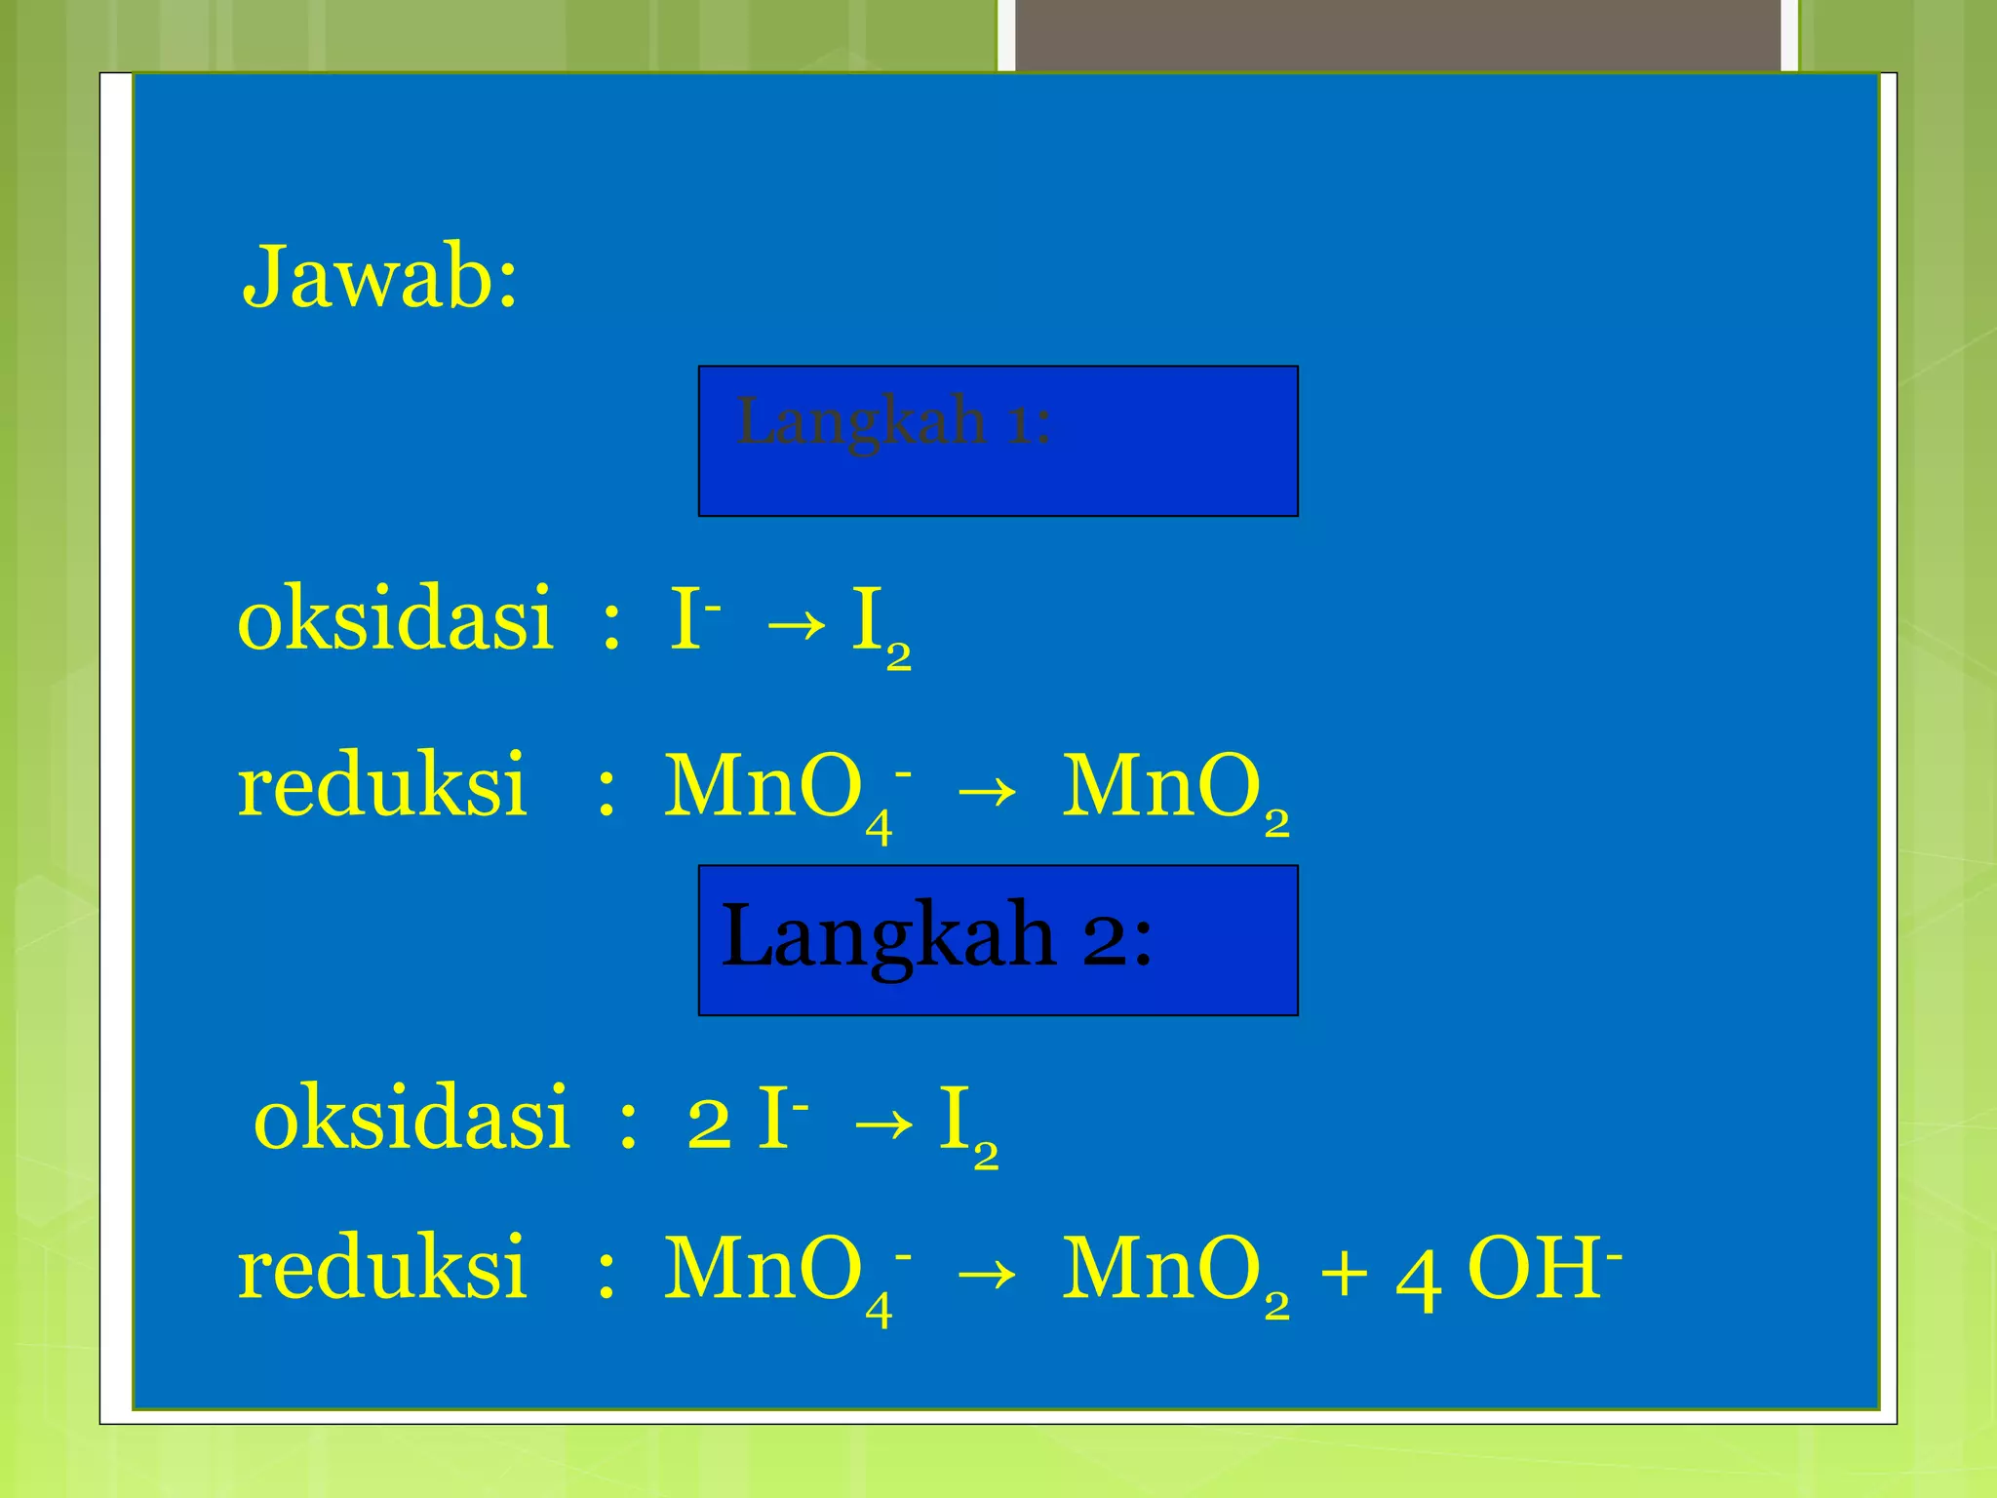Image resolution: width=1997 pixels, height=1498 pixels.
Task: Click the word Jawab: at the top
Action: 379,277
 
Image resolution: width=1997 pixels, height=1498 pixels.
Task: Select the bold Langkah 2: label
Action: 936,935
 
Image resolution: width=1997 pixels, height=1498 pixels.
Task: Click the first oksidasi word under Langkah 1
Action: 396,619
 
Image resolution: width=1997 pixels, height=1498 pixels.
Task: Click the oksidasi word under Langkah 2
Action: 411,1119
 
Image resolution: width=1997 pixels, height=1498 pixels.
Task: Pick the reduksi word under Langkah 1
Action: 382,786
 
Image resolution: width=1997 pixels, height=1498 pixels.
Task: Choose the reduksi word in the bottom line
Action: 382,1269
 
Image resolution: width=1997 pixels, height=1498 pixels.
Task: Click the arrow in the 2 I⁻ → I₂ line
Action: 882,1123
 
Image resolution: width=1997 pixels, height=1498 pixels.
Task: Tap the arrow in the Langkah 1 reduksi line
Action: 986,791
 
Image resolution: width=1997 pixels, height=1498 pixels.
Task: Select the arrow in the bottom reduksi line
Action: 986,1274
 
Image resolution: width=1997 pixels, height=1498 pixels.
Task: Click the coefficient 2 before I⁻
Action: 709,1123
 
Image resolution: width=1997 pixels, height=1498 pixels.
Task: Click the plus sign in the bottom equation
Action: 1344,1274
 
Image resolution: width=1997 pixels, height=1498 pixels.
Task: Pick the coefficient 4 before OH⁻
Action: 1418,1278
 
